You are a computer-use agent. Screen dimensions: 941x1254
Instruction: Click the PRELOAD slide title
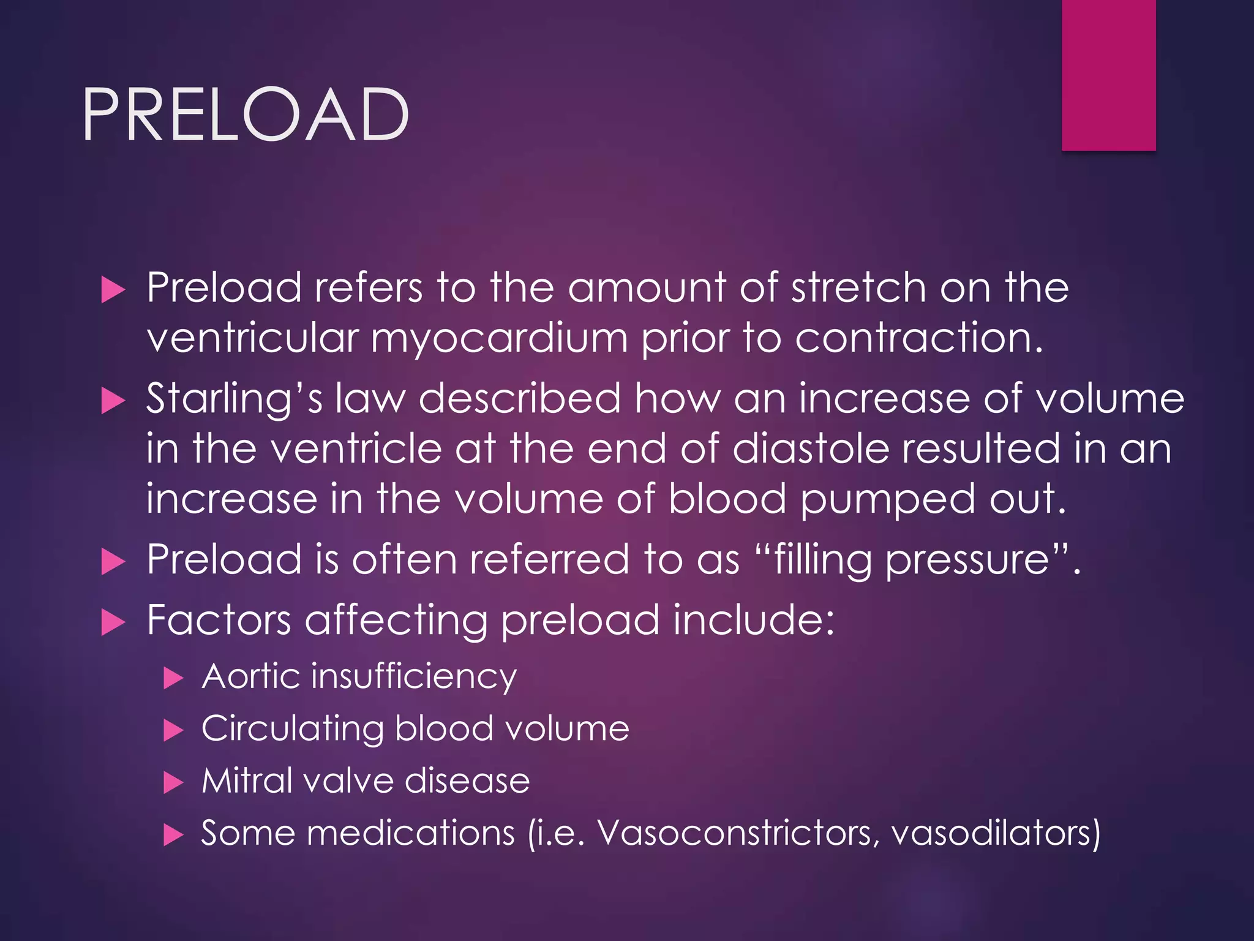pyautogui.click(x=245, y=115)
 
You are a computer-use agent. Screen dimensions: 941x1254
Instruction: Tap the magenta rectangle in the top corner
pyautogui.click(x=1108, y=75)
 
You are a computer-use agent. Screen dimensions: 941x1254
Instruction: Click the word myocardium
pyautogui.click(x=499, y=339)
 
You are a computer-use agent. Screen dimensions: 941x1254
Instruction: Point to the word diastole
pyautogui.click(x=811, y=448)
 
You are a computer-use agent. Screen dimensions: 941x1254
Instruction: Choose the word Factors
pyautogui.click(x=219, y=620)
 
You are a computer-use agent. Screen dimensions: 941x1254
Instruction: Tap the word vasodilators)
pyautogui.click(x=996, y=833)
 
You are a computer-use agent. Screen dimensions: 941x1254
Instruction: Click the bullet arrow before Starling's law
pyautogui.click(x=113, y=401)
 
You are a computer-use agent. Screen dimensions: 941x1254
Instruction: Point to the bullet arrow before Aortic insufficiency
pyautogui.click(x=173, y=678)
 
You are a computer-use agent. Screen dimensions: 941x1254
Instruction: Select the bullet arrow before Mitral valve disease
pyautogui.click(x=173, y=783)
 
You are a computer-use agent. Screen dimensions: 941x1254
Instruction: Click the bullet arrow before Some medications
pyautogui.click(x=173, y=835)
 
